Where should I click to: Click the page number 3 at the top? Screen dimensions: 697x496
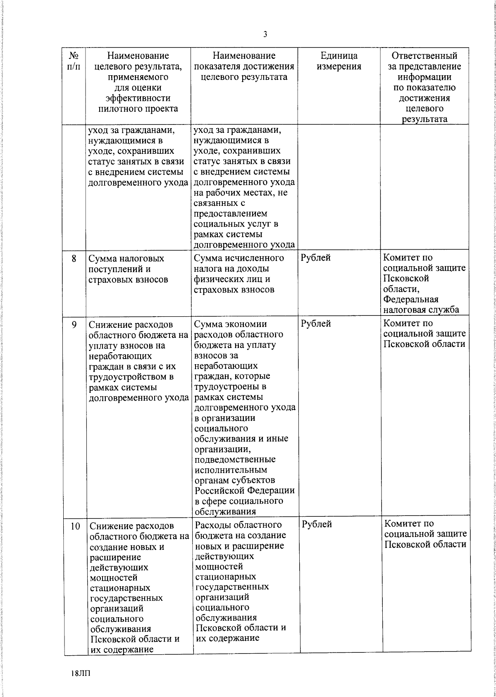click(265, 35)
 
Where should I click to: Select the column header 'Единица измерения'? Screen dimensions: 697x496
click(339, 61)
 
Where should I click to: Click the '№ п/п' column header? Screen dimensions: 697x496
click(74, 61)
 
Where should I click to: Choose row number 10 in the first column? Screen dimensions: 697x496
click(75, 526)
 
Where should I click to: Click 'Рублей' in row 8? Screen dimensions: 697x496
click(316, 258)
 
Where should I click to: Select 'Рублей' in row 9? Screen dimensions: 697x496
click(316, 324)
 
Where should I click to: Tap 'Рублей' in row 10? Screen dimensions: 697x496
click(317, 525)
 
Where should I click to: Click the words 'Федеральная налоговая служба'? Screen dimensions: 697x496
click(421, 305)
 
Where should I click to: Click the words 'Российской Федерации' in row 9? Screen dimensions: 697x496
click(245, 491)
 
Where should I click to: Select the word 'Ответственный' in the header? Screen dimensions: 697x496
click(424, 56)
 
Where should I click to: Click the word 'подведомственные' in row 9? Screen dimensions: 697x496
click(235, 459)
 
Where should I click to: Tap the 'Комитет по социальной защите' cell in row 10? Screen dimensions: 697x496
click(425, 534)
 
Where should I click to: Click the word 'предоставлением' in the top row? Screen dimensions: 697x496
click(231, 214)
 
